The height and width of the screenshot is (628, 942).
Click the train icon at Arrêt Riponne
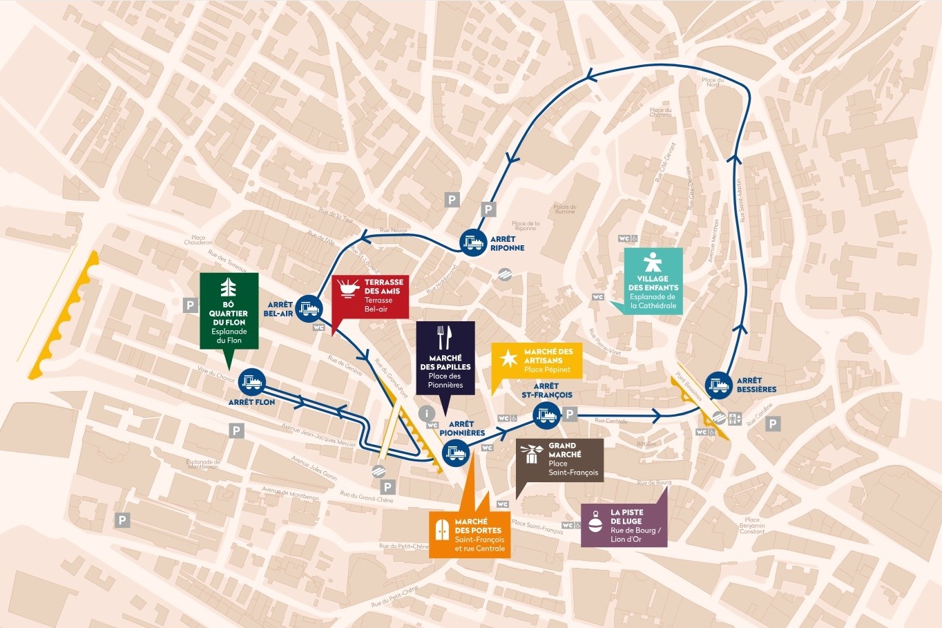[474, 242]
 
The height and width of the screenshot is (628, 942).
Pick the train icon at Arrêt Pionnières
[456, 454]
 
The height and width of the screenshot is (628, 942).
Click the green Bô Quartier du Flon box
[229, 310]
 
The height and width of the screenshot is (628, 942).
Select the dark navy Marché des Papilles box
[445, 358]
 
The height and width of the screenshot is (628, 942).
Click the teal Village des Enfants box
[653, 281]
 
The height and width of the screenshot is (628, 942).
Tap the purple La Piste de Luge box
[624, 526]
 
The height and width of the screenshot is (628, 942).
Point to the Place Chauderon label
[198, 240]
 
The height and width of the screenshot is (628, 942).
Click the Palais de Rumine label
[564, 209]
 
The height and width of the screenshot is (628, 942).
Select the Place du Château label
[660, 112]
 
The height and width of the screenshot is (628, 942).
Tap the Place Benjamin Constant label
[752, 526]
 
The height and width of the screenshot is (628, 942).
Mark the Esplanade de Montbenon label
[203, 464]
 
